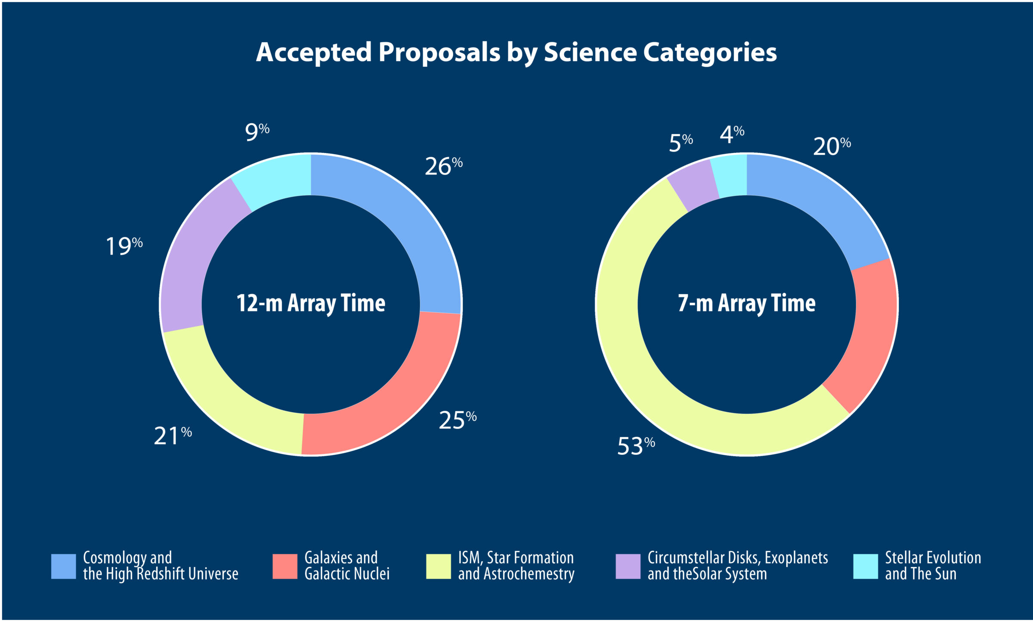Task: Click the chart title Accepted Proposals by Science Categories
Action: pyautogui.click(x=516, y=53)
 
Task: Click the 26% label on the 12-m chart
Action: pyautogui.click(x=443, y=166)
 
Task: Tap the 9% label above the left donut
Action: pyautogui.click(x=257, y=131)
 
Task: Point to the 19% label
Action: pyautogui.click(x=124, y=246)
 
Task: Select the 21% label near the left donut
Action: pyautogui.click(x=173, y=436)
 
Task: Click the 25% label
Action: pyautogui.click(x=457, y=420)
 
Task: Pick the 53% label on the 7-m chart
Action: pyautogui.click(x=636, y=446)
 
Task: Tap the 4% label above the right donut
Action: pyautogui.click(x=732, y=134)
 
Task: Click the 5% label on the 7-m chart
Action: pyautogui.click(x=680, y=143)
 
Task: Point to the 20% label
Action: pyautogui.click(x=832, y=146)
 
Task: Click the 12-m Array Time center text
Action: pyautogui.click(x=311, y=303)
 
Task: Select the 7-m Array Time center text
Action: pyautogui.click(x=746, y=303)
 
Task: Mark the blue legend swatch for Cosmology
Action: pyautogui.click(x=63, y=566)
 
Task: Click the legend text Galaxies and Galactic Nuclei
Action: pyautogui.click(x=346, y=566)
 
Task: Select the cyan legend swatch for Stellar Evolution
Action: pyautogui.click(x=865, y=566)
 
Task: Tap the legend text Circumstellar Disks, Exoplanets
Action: pyautogui.click(x=737, y=558)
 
